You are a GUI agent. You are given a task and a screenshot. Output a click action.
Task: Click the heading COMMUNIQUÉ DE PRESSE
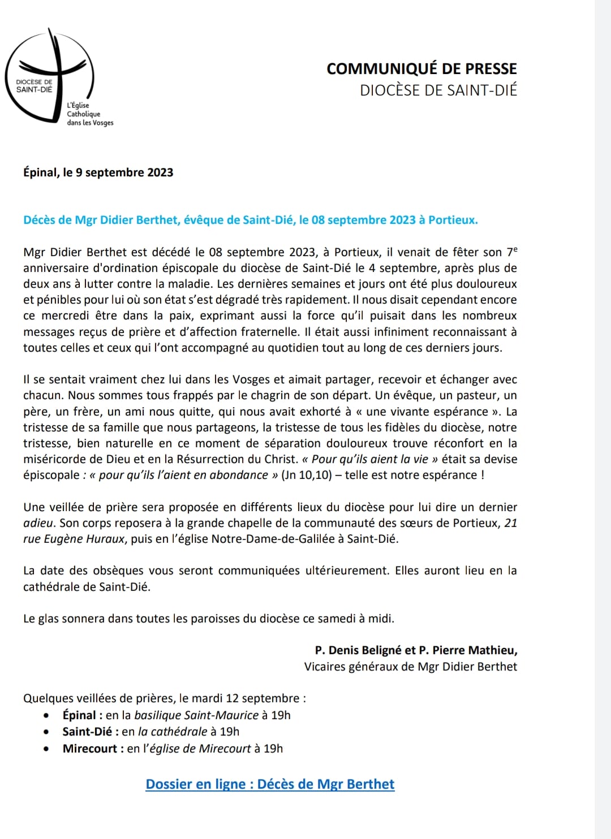pyautogui.click(x=421, y=69)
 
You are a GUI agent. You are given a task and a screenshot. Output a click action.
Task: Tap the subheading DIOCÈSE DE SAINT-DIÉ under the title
pyautogui.click(x=438, y=90)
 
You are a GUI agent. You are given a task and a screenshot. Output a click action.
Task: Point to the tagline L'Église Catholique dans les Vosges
pyautogui.click(x=89, y=114)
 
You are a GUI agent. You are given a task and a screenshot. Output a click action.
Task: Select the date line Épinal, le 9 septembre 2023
pyautogui.click(x=98, y=172)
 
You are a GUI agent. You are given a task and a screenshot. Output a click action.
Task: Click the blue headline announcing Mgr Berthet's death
pyautogui.click(x=251, y=220)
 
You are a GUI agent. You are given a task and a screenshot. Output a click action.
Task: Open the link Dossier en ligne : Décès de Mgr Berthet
pyautogui.click(x=270, y=784)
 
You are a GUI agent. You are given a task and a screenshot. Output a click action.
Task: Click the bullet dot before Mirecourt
pyautogui.click(x=46, y=749)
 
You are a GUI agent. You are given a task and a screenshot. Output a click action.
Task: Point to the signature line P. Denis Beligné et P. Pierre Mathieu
pyautogui.click(x=416, y=650)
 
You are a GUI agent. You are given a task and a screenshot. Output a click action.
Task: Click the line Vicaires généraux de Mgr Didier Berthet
pyautogui.click(x=410, y=667)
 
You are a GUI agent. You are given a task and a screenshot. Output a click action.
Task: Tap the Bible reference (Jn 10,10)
pyautogui.click(x=306, y=475)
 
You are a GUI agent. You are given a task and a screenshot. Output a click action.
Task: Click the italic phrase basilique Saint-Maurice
pyautogui.click(x=196, y=715)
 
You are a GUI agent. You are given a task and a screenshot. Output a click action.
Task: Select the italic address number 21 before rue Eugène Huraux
pyautogui.click(x=510, y=523)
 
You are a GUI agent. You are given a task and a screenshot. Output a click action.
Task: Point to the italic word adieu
pyautogui.click(x=39, y=523)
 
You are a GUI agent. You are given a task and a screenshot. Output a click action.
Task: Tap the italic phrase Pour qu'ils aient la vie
pyautogui.click(x=370, y=459)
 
